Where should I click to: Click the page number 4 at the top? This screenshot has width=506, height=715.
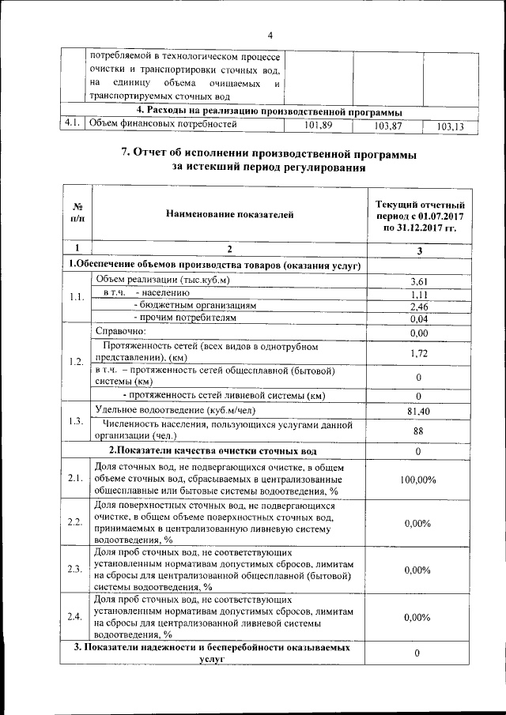pos(270,36)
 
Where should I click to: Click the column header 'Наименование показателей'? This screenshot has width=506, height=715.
pos(230,213)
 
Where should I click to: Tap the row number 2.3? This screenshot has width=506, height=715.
pos(76,569)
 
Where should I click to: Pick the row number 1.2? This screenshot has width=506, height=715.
pos(76,362)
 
